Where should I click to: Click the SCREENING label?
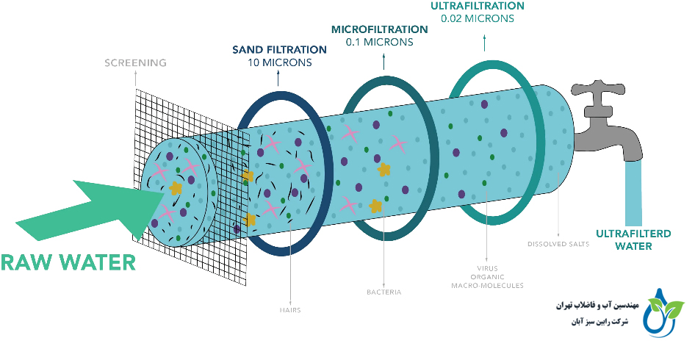pyautogui.click(x=135, y=62)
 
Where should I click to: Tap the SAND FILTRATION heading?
pyautogui.click(x=279, y=49)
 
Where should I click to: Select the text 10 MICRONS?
pyautogui.click(x=279, y=62)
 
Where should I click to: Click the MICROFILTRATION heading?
pyautogui.click(x=379, y=29)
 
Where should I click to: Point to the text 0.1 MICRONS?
pyautogui.click(x=379, y=42)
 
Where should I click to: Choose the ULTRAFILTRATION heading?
pyautogui.click(x=477, y=6)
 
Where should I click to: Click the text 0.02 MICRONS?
pyautogui.click(x=477, y=18)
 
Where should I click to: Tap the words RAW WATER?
pyautogui.click(x=68, y=262)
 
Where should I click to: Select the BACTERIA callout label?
pyautogui.click(x=384, y=292)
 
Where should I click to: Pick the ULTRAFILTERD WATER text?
pyautogui.click(x=624, y=240)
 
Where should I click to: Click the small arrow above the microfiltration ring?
pyautogui.click(x=383, y=64)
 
